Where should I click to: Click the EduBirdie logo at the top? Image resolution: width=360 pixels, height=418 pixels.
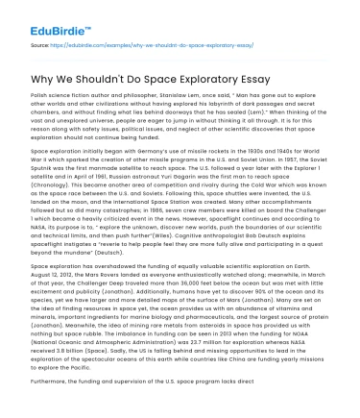click(x=45, y=16)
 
